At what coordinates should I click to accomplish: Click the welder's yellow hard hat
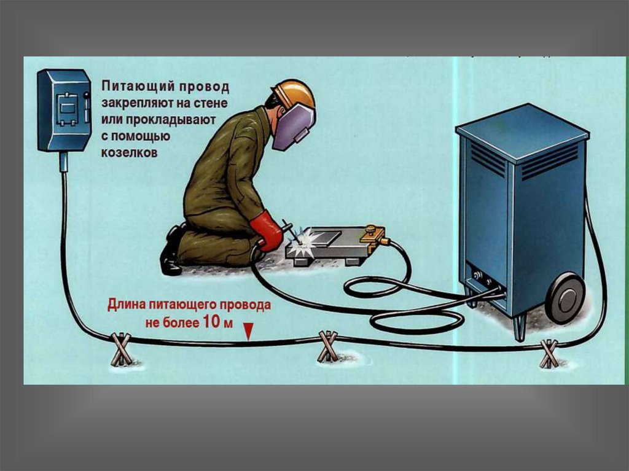coord(295,96)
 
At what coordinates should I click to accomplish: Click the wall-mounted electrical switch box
coord(64,111)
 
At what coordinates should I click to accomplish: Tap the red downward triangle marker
coord(249,332)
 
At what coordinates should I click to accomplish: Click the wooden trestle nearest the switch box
coord(120,349)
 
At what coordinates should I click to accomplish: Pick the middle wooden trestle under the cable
coord(328,346)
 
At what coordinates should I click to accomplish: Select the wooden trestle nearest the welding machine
coord(549,354)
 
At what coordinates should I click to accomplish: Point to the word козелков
coord(129,152)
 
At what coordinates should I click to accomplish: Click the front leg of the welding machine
coord(520,327)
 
